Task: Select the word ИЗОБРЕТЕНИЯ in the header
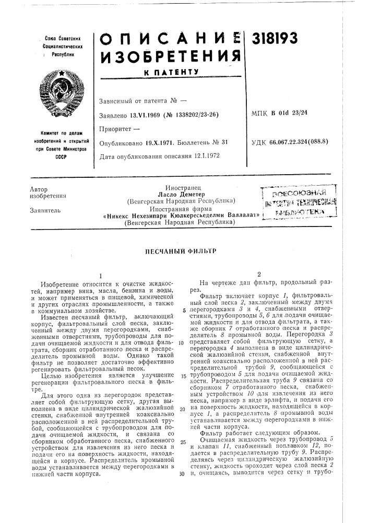coord(165,54)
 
